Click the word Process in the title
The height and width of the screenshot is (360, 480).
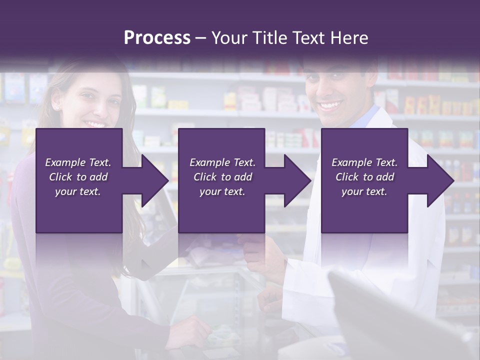pos(157,38)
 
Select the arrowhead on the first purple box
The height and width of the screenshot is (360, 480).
pos(152,180)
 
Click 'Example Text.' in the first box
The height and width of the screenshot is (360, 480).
pos(78,162)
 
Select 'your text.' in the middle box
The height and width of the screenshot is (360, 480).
pos(222,191)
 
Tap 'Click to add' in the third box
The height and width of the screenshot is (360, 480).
pos(364,177)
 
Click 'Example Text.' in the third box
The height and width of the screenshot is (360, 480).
pos(364,162)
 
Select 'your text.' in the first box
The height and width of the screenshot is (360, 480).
pos(78,191)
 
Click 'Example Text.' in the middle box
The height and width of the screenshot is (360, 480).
pos(222,162)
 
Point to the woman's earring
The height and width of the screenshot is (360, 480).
pos(55,108)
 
